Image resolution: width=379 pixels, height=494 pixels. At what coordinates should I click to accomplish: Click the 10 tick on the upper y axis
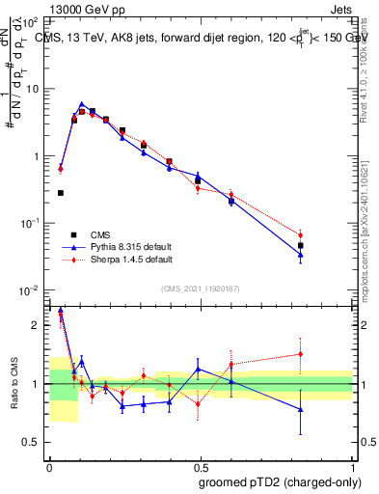(34, 89)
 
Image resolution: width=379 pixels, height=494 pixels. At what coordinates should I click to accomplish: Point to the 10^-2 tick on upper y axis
(31, 290)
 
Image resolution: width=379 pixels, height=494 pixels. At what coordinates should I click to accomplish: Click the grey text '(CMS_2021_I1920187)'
(200, 288)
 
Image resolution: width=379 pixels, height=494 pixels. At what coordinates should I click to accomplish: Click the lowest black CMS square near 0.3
(61, 193)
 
